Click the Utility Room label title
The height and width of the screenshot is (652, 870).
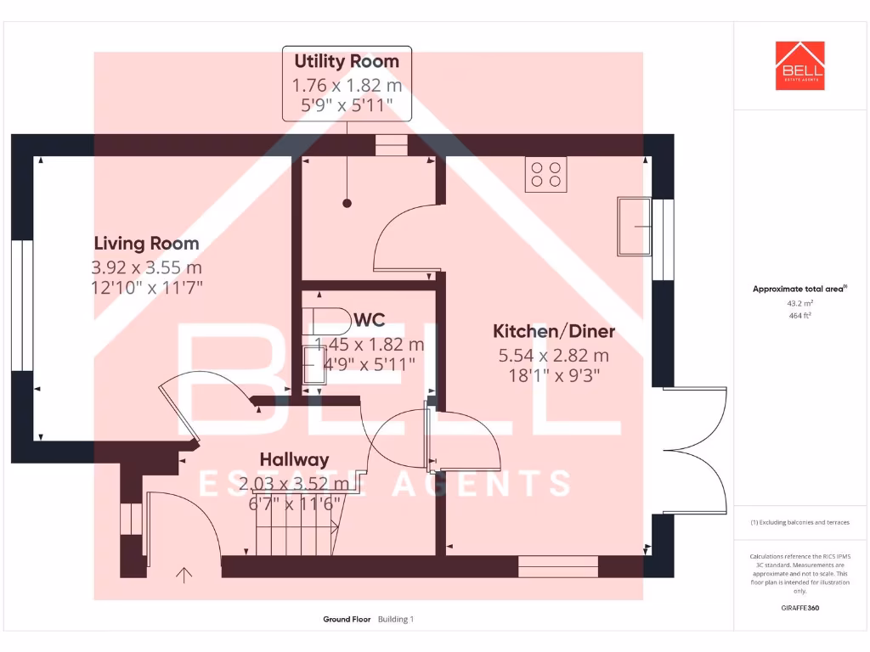pos(347,61)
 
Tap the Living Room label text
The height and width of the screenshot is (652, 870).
pos(146,244)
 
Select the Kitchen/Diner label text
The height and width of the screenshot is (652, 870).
pos(554,331)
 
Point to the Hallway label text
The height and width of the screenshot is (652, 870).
pos(294,459)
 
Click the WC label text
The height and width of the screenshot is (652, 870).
pos(370,320)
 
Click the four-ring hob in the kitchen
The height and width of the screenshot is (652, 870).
pos(545,174)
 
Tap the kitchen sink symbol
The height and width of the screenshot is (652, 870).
pos(634,226)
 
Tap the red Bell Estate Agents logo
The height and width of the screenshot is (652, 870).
pos(799,65)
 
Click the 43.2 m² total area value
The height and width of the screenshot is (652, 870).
pos(799,302)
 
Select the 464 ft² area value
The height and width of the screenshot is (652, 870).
pos(799,315)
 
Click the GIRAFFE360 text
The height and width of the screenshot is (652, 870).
pos(799,608)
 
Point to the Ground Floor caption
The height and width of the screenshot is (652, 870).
pos(347,619)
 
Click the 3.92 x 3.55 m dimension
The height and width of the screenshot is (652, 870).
pos(146,267)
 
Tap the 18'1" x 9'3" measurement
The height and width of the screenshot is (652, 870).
pos(554,375)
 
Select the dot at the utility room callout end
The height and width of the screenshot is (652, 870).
pos(347,203)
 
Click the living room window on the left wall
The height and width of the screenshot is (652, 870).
pos(17,306)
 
